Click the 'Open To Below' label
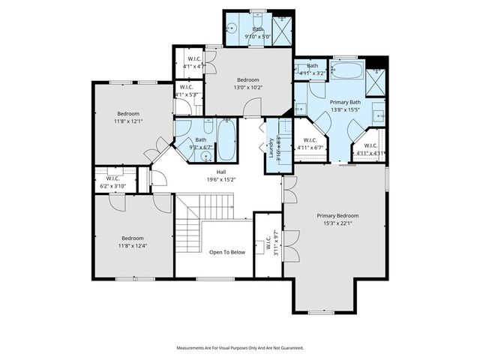coord(227,252)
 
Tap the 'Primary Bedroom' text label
coord(337,214)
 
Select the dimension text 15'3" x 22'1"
coord(337,222)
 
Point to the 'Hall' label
coord(221,172)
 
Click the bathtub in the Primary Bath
coord(347,73)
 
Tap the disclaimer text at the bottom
coord(240,348)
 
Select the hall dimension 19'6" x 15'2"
coord(221,180)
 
